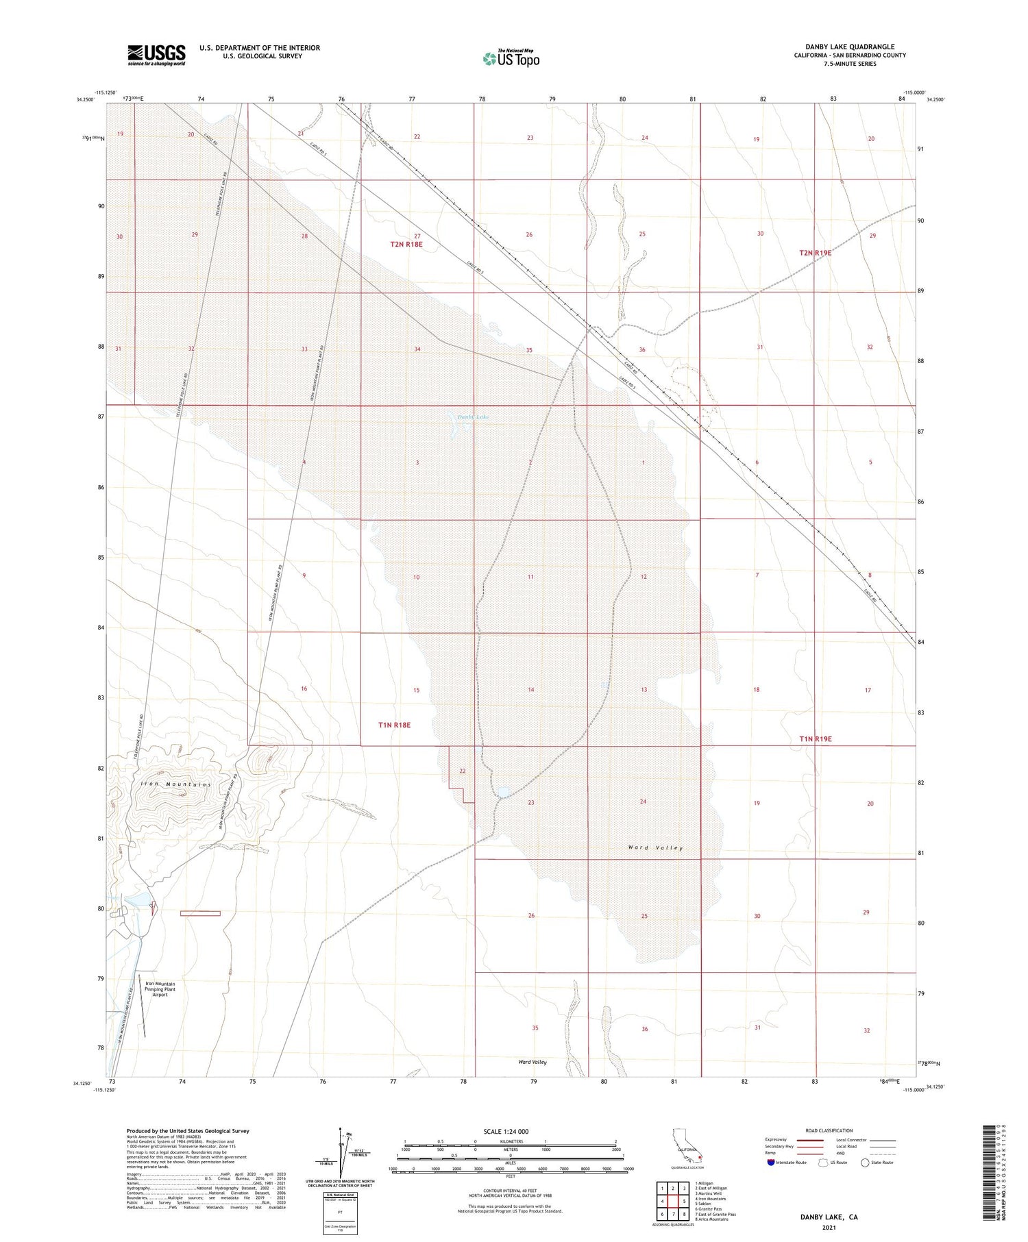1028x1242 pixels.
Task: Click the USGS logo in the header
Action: [x=156, y=55]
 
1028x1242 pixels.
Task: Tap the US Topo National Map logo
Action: [x=511, y=58]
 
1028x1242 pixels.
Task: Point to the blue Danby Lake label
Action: [x=473, y=417]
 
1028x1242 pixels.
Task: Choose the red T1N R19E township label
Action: [x=815, y=739]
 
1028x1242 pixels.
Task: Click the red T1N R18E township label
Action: [x=395, y=725]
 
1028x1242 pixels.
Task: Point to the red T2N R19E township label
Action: [x=815, y=253]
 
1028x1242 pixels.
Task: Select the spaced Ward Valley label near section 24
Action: [x=655, y=848]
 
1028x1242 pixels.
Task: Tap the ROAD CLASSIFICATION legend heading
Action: [x=829, y=1130]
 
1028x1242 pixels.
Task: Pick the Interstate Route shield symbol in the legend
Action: [x=770, y=1163]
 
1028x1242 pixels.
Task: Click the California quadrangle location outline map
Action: [x=685, y=1146]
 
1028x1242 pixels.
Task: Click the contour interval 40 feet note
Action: [x=510, y=1191]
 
